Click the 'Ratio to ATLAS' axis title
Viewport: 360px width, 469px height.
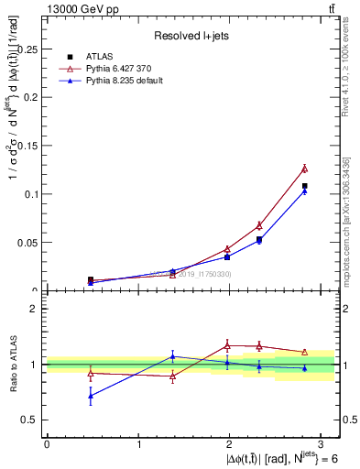click(x=12, y=364)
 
